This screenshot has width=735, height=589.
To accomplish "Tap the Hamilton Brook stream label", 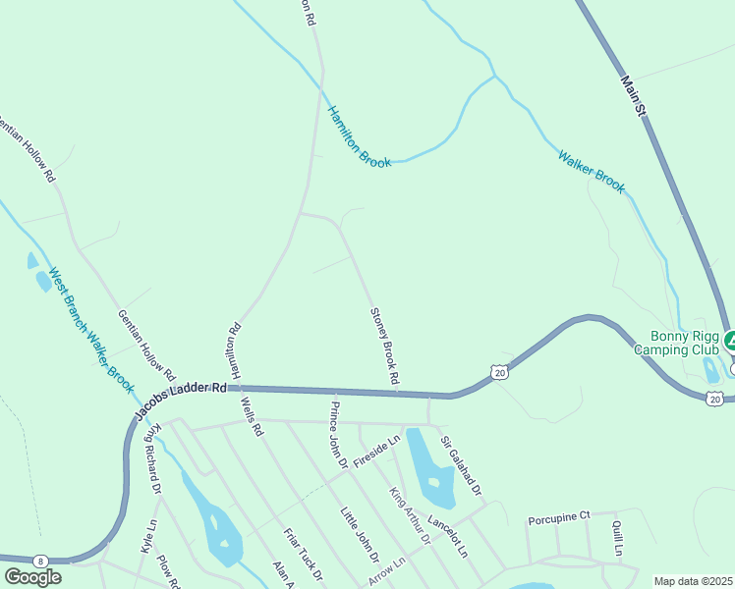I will [x=359, y=136].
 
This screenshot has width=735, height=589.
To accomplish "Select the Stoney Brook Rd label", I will [x=384, y=346].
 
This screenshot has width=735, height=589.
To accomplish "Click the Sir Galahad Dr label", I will [x=462, y=465].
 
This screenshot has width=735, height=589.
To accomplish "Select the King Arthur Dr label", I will [x=411, y=516].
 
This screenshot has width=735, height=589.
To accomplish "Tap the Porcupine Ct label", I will [x=557, y=516].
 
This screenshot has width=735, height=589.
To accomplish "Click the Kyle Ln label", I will [x=148, y=537].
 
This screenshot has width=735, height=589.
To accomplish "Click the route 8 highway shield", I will [x=40, y=560].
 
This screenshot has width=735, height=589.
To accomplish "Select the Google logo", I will [x=32, y=577].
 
